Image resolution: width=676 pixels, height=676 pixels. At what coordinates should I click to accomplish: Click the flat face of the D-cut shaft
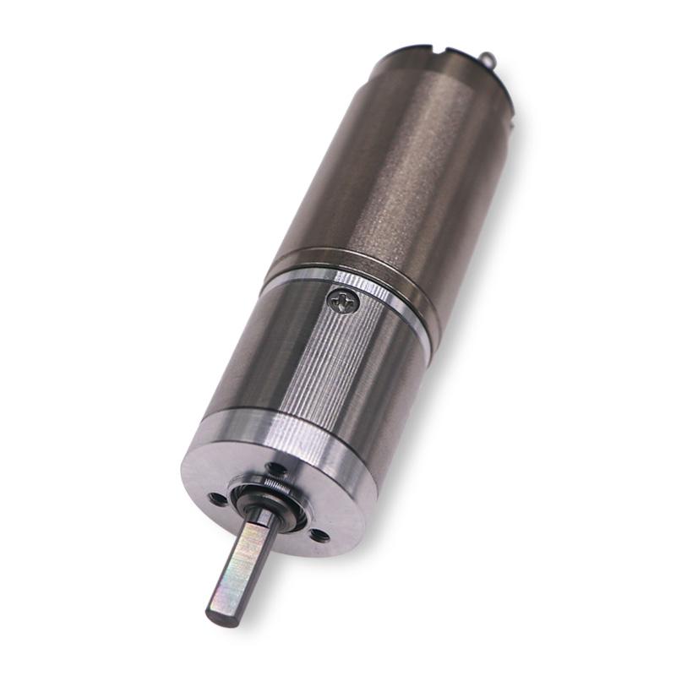tap(239, 566)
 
